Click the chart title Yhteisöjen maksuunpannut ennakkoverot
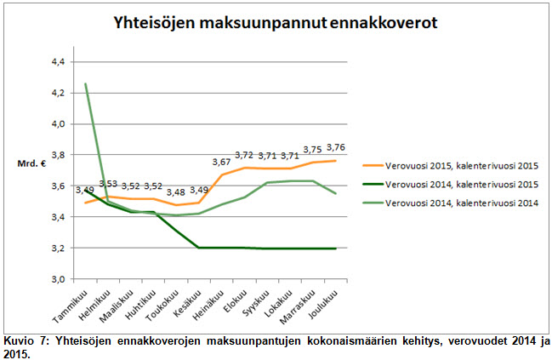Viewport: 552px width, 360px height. tap(276, 23)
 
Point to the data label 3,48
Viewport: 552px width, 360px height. tap(175, 191)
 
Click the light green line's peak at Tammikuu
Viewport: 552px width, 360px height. tap(86, 83)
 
